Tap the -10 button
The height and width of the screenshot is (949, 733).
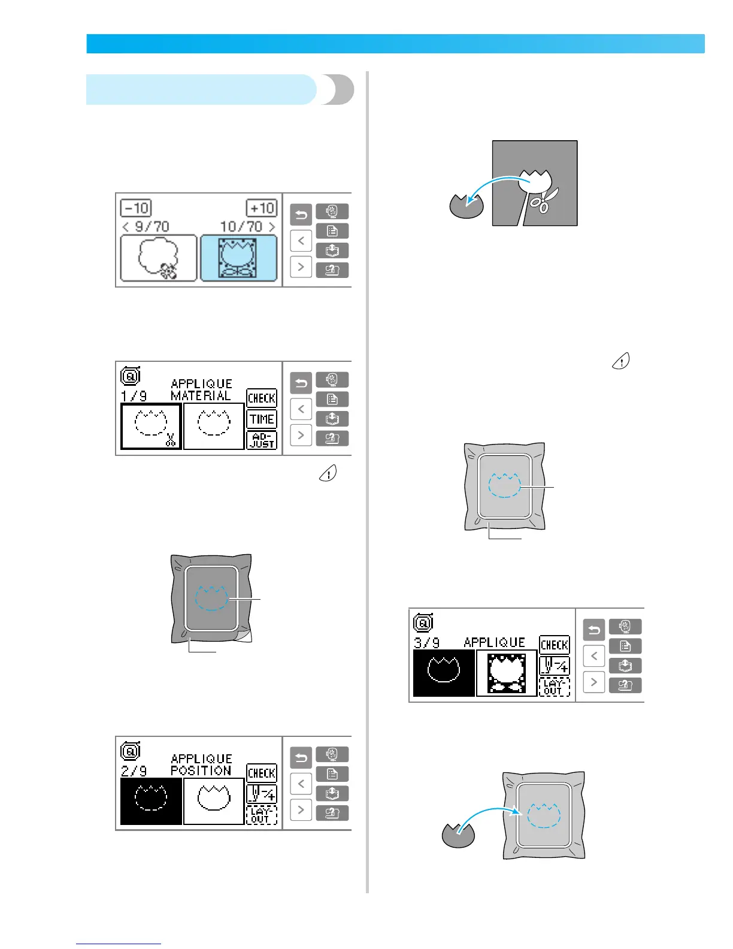[136, 208]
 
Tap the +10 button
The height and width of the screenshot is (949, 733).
[262, 208]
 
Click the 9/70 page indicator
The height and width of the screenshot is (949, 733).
[146, 226]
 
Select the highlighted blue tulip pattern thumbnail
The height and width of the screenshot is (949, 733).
[238, 258]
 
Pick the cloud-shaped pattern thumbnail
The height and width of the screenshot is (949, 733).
[158, 258]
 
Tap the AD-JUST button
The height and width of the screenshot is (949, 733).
[262, 440]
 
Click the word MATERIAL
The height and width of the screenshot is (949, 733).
[201, 395]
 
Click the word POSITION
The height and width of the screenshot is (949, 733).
[201, 770]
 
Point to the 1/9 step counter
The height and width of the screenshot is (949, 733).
[134, 396]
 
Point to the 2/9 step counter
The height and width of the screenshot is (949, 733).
[134, 771]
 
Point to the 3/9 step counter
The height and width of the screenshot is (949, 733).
[427, 643]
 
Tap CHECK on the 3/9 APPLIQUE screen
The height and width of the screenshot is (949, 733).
[554, 645]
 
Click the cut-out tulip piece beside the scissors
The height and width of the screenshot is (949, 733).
[467, 206]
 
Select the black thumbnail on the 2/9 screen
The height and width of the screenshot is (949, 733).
[151, 802]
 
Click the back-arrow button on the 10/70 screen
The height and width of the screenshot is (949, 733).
[301, 214]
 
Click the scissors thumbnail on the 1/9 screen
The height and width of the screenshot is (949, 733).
[151, 427]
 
